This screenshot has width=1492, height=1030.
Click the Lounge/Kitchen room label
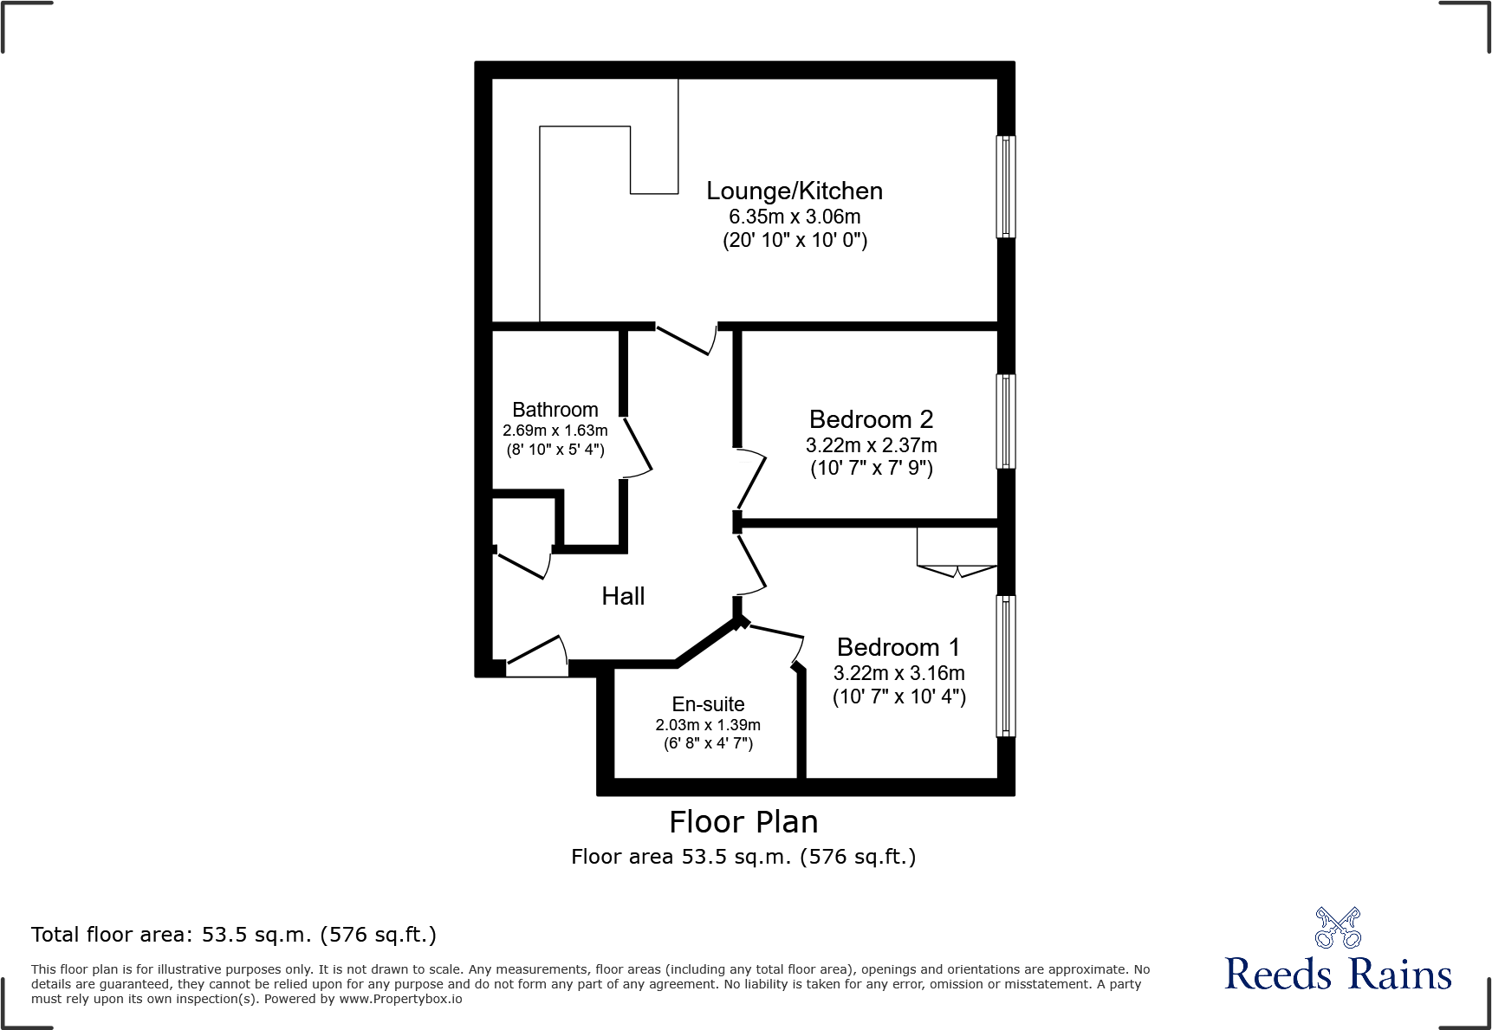794,191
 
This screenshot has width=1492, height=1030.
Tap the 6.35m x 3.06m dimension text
794,217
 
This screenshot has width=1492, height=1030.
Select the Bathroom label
555,410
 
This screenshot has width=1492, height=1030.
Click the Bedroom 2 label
871,419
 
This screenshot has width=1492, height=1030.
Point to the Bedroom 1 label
898,647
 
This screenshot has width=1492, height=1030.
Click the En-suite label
708,704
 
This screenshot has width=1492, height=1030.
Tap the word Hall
623,596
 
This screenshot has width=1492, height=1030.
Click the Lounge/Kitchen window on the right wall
1005,186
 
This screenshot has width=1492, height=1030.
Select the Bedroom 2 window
1005,421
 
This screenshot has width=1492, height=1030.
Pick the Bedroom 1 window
1005,665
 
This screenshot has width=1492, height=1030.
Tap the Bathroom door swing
637,446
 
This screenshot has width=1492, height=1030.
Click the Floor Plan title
743,821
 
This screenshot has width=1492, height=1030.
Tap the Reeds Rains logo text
1337,975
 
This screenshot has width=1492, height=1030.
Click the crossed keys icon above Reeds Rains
1337,928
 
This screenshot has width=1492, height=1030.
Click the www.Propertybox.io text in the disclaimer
400,999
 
